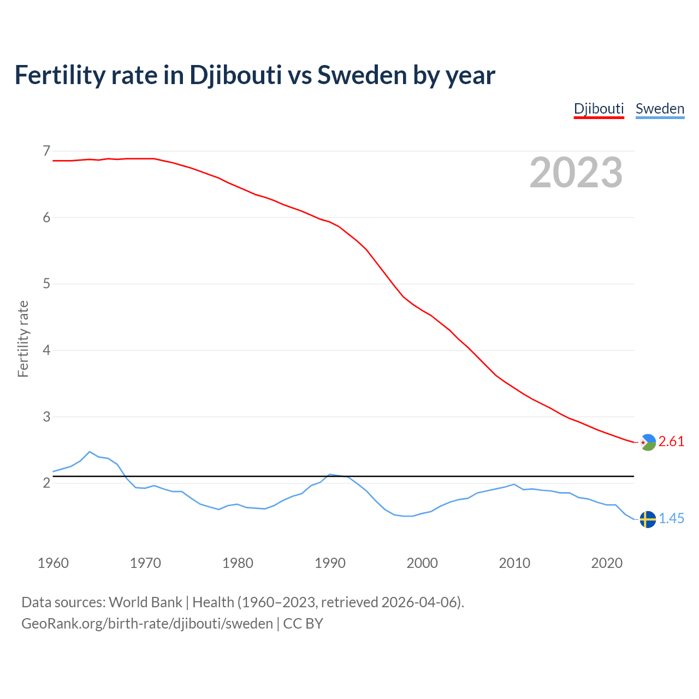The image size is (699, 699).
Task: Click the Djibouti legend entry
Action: (599, 109)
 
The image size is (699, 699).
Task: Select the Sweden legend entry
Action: (660, 109)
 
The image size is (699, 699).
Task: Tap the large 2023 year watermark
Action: (576, 173)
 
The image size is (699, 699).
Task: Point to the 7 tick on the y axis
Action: (46, 151)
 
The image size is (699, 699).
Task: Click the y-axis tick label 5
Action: (46, 284)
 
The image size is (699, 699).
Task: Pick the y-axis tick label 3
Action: (46, 417)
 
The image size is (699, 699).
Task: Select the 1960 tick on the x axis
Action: (53, 563)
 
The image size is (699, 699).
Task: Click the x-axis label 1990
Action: (330, 563)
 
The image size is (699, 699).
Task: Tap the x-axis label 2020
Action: (607, 563)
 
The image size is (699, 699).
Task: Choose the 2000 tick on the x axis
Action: (422, 563)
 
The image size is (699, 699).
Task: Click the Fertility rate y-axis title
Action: (23, 339)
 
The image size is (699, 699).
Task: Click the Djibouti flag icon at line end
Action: (648, 442)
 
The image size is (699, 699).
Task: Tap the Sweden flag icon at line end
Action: (648, 519)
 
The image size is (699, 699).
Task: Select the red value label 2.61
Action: (671, 442)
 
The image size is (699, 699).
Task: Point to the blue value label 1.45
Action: (671, 519)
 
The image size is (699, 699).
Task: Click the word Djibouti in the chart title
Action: (235, 75)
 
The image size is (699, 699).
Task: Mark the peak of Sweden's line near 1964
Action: (90, 452)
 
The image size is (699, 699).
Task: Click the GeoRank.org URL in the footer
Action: (147, 624)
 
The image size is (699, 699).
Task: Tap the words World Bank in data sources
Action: (145, 602)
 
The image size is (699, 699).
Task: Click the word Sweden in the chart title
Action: (362, 75)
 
